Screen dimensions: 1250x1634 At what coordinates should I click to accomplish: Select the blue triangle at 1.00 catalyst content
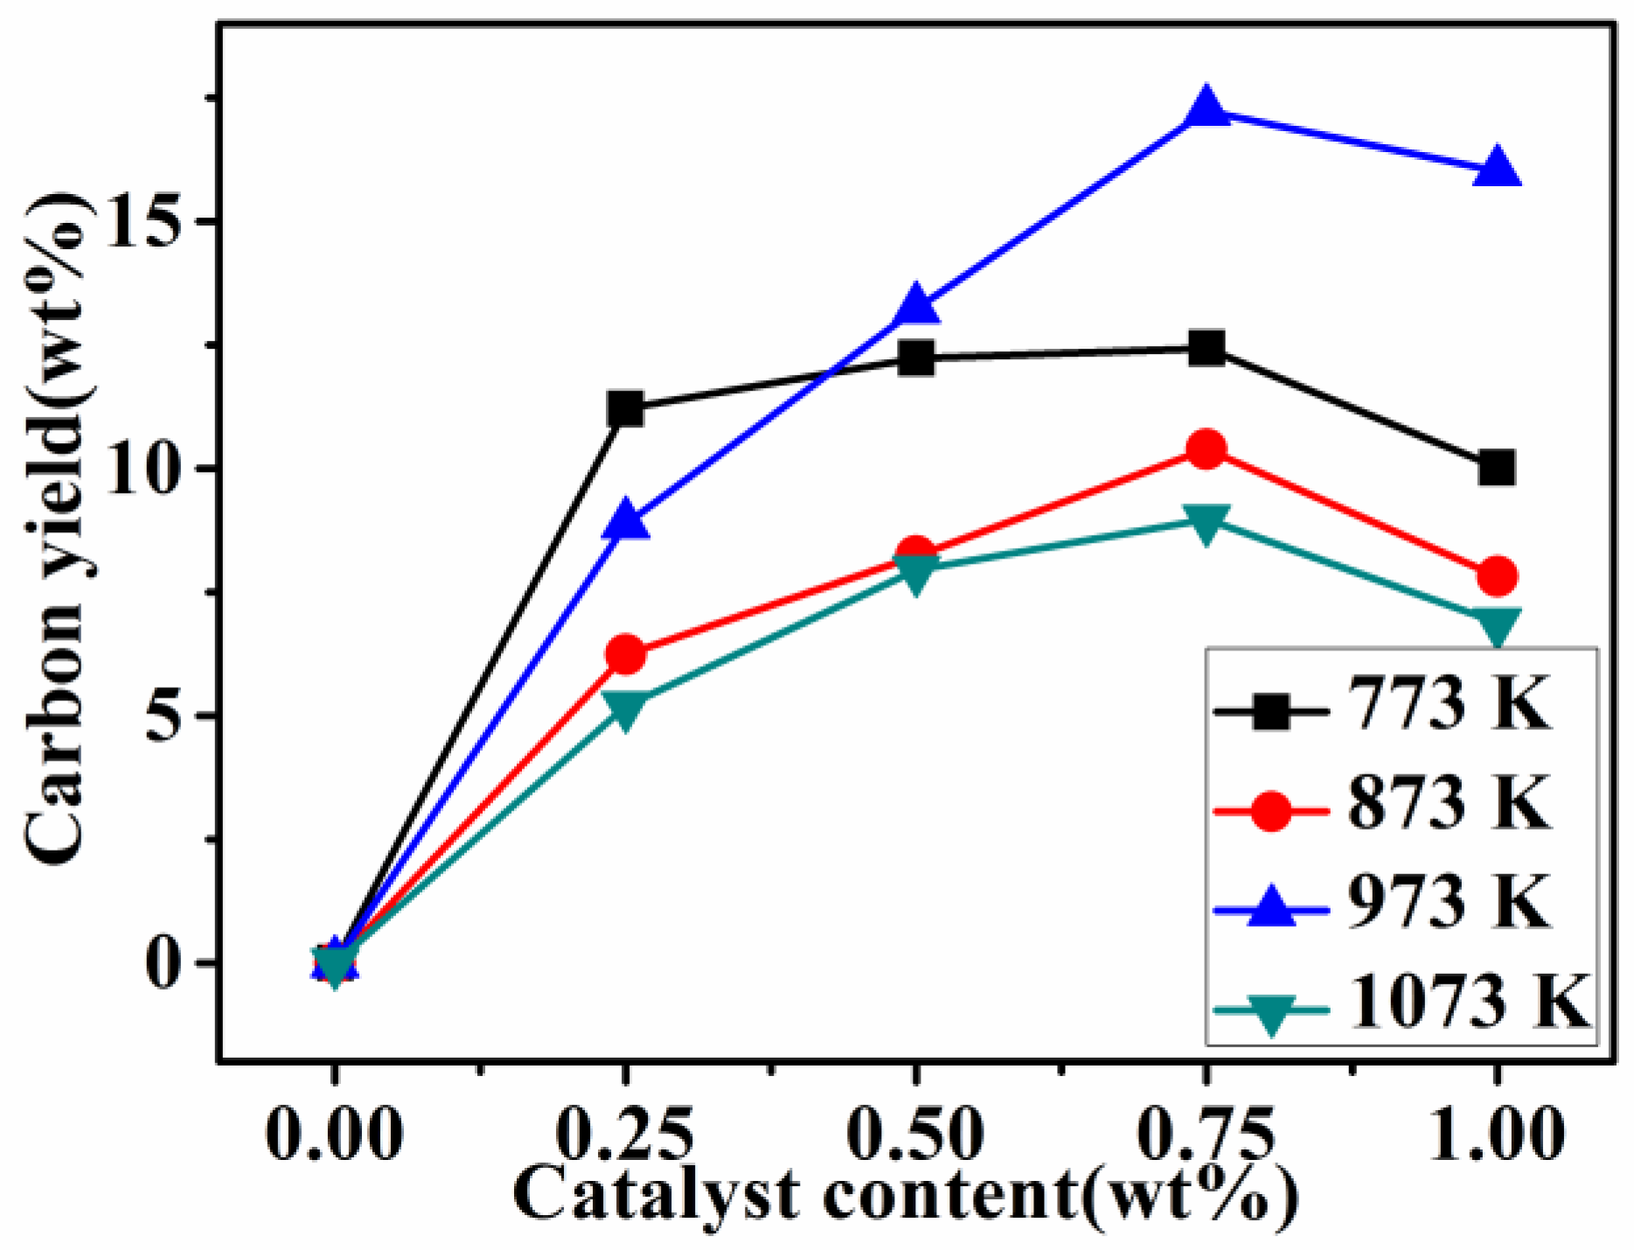(x=1497, y=168)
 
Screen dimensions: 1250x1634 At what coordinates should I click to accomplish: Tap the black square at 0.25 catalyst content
(x=625, y=408)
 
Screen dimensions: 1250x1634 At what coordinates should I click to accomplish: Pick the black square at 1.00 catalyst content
(x=1497, y=469)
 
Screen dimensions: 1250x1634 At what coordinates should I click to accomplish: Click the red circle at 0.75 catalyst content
(x=1206, y=449)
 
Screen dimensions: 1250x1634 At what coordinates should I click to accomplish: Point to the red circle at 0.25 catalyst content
(x=625, y=654)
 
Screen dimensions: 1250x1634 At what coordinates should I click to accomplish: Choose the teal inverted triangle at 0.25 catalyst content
(x=625, y=706)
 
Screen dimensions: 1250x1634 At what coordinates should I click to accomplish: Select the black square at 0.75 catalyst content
(x=1206, y=349)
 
